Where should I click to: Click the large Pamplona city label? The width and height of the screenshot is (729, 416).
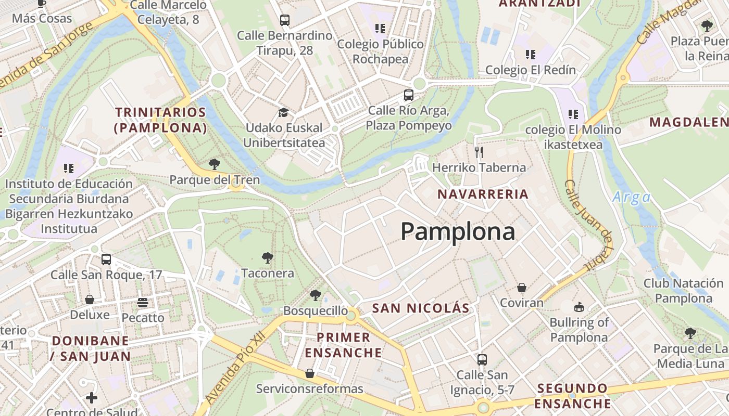[458, 231]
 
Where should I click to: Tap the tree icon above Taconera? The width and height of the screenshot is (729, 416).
[268, 257]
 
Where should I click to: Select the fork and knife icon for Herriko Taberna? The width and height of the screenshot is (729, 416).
[479, 152]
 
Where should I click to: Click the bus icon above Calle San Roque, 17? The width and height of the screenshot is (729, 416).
[106, 259]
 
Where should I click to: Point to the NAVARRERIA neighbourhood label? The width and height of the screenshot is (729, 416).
[483, 194]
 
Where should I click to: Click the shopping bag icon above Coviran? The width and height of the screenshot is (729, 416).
[521, 288]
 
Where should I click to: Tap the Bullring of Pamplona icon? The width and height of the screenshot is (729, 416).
[579, 307]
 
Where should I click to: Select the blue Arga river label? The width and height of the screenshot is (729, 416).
[631, 198]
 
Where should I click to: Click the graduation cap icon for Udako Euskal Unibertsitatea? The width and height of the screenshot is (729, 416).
[283, 112]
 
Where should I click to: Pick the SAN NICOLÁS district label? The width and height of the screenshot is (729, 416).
[421, 308]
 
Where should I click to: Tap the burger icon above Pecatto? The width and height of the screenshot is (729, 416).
[143, 302]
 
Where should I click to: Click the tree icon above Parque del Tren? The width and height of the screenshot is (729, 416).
[214, 164]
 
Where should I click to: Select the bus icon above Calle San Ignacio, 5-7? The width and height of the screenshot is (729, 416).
[482, 359]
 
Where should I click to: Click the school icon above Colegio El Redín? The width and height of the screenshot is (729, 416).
[530, 54]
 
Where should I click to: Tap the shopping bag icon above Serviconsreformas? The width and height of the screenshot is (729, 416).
[310, 373]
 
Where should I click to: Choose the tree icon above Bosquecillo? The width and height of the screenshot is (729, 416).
[315, 295]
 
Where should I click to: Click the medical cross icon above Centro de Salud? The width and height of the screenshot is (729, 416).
[92, 398]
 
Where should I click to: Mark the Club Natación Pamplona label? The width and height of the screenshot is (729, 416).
[683, 291]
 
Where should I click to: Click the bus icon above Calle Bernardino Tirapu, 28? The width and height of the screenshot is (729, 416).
[284, 20]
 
